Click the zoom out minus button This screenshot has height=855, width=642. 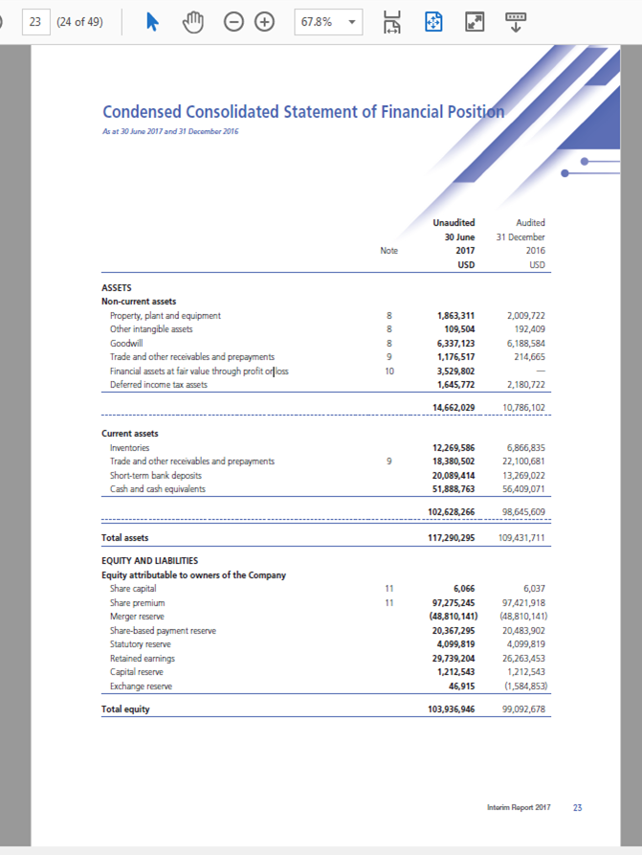[x=234, y=21]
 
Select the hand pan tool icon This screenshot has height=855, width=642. [x=194, y=21]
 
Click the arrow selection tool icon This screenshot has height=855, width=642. [x=152, y=21]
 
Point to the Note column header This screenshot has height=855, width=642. [x=388, y=250]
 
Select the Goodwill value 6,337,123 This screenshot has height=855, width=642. [x=455, y=343]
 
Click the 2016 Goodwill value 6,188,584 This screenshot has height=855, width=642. [x=524, y=343]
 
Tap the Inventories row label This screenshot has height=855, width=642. [x=130, y=448]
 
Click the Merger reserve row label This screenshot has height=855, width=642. [x=138, y=618]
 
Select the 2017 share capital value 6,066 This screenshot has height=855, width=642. [x=462, y=590]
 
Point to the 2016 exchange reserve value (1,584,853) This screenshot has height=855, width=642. [x=522, y=686]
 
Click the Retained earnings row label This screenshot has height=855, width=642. [x=143, y=659]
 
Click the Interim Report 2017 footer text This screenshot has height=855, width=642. [x=519, y=808]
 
